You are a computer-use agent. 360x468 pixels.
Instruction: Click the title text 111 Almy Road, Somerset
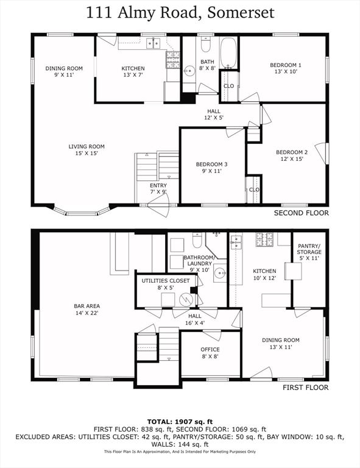tap(180, 12)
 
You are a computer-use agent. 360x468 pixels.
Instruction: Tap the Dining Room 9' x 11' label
tap(64, 72)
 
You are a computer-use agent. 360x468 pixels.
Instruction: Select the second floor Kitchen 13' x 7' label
tap(133, 72)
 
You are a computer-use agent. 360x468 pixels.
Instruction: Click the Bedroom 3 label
tap(211, 168)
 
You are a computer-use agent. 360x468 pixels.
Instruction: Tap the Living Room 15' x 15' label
tap(86, 149)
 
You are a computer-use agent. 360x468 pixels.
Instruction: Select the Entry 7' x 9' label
tap(158, 188)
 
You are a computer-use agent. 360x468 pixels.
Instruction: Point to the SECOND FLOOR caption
tap(301, 213)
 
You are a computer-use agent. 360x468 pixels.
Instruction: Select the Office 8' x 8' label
tap(210, 353)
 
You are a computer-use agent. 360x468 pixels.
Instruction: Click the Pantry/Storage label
tap(309, 252)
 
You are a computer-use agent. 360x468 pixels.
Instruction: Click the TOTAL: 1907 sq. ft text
tap(180, 421)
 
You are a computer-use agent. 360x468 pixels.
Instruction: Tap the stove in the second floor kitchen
tap(174, 58)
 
